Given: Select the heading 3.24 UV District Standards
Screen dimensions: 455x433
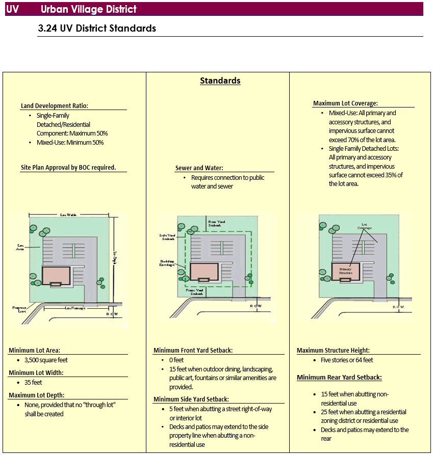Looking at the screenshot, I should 97,29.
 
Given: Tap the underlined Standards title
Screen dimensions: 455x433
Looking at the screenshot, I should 220,81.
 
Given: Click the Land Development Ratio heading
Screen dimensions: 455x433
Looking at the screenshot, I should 55,106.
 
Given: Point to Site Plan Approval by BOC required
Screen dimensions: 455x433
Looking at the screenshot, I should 68,167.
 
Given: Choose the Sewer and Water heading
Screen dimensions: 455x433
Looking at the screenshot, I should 199,168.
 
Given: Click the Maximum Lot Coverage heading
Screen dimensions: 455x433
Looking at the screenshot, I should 345,103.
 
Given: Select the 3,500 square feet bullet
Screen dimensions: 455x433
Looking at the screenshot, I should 46,360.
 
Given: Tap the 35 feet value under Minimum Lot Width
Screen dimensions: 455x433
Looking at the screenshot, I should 33,382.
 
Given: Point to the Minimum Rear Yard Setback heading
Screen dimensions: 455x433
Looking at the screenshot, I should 339,378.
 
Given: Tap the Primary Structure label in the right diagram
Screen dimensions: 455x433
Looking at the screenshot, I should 346,271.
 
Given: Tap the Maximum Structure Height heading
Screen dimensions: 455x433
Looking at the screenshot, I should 333,351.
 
